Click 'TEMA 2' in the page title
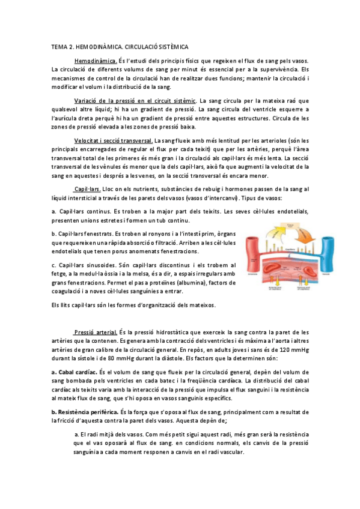click(62, 46)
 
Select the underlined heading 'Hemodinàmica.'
click(96, 61)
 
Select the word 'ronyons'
click(147, 233)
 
